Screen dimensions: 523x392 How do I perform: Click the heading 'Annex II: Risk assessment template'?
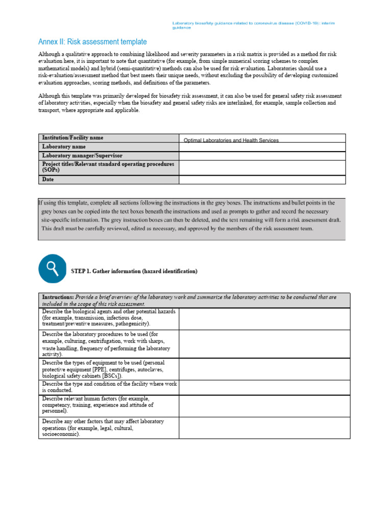[92, 42]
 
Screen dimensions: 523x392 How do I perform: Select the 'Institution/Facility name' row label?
[72, 138]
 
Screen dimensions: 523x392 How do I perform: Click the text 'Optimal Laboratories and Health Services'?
[231, 140]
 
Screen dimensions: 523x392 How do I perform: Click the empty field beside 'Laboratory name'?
[262, 147]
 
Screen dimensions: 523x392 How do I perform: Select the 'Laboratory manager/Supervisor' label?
[82, 155]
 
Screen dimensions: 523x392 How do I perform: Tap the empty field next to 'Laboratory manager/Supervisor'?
[262, 156]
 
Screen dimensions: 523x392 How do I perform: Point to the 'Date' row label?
[48, 179]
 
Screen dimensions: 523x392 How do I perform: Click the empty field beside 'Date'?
[262, 180]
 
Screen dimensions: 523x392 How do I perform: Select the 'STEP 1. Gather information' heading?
[134, 271]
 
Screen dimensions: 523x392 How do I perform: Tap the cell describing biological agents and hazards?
[108, 318]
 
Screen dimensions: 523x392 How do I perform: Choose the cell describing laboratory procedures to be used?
[108, 344]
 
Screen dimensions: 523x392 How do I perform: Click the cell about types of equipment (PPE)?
[108, 369]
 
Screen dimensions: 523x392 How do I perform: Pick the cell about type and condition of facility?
[108, 387]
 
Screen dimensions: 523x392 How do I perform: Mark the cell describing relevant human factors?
[108, 405]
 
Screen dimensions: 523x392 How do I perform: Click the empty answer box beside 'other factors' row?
[264, 427]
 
